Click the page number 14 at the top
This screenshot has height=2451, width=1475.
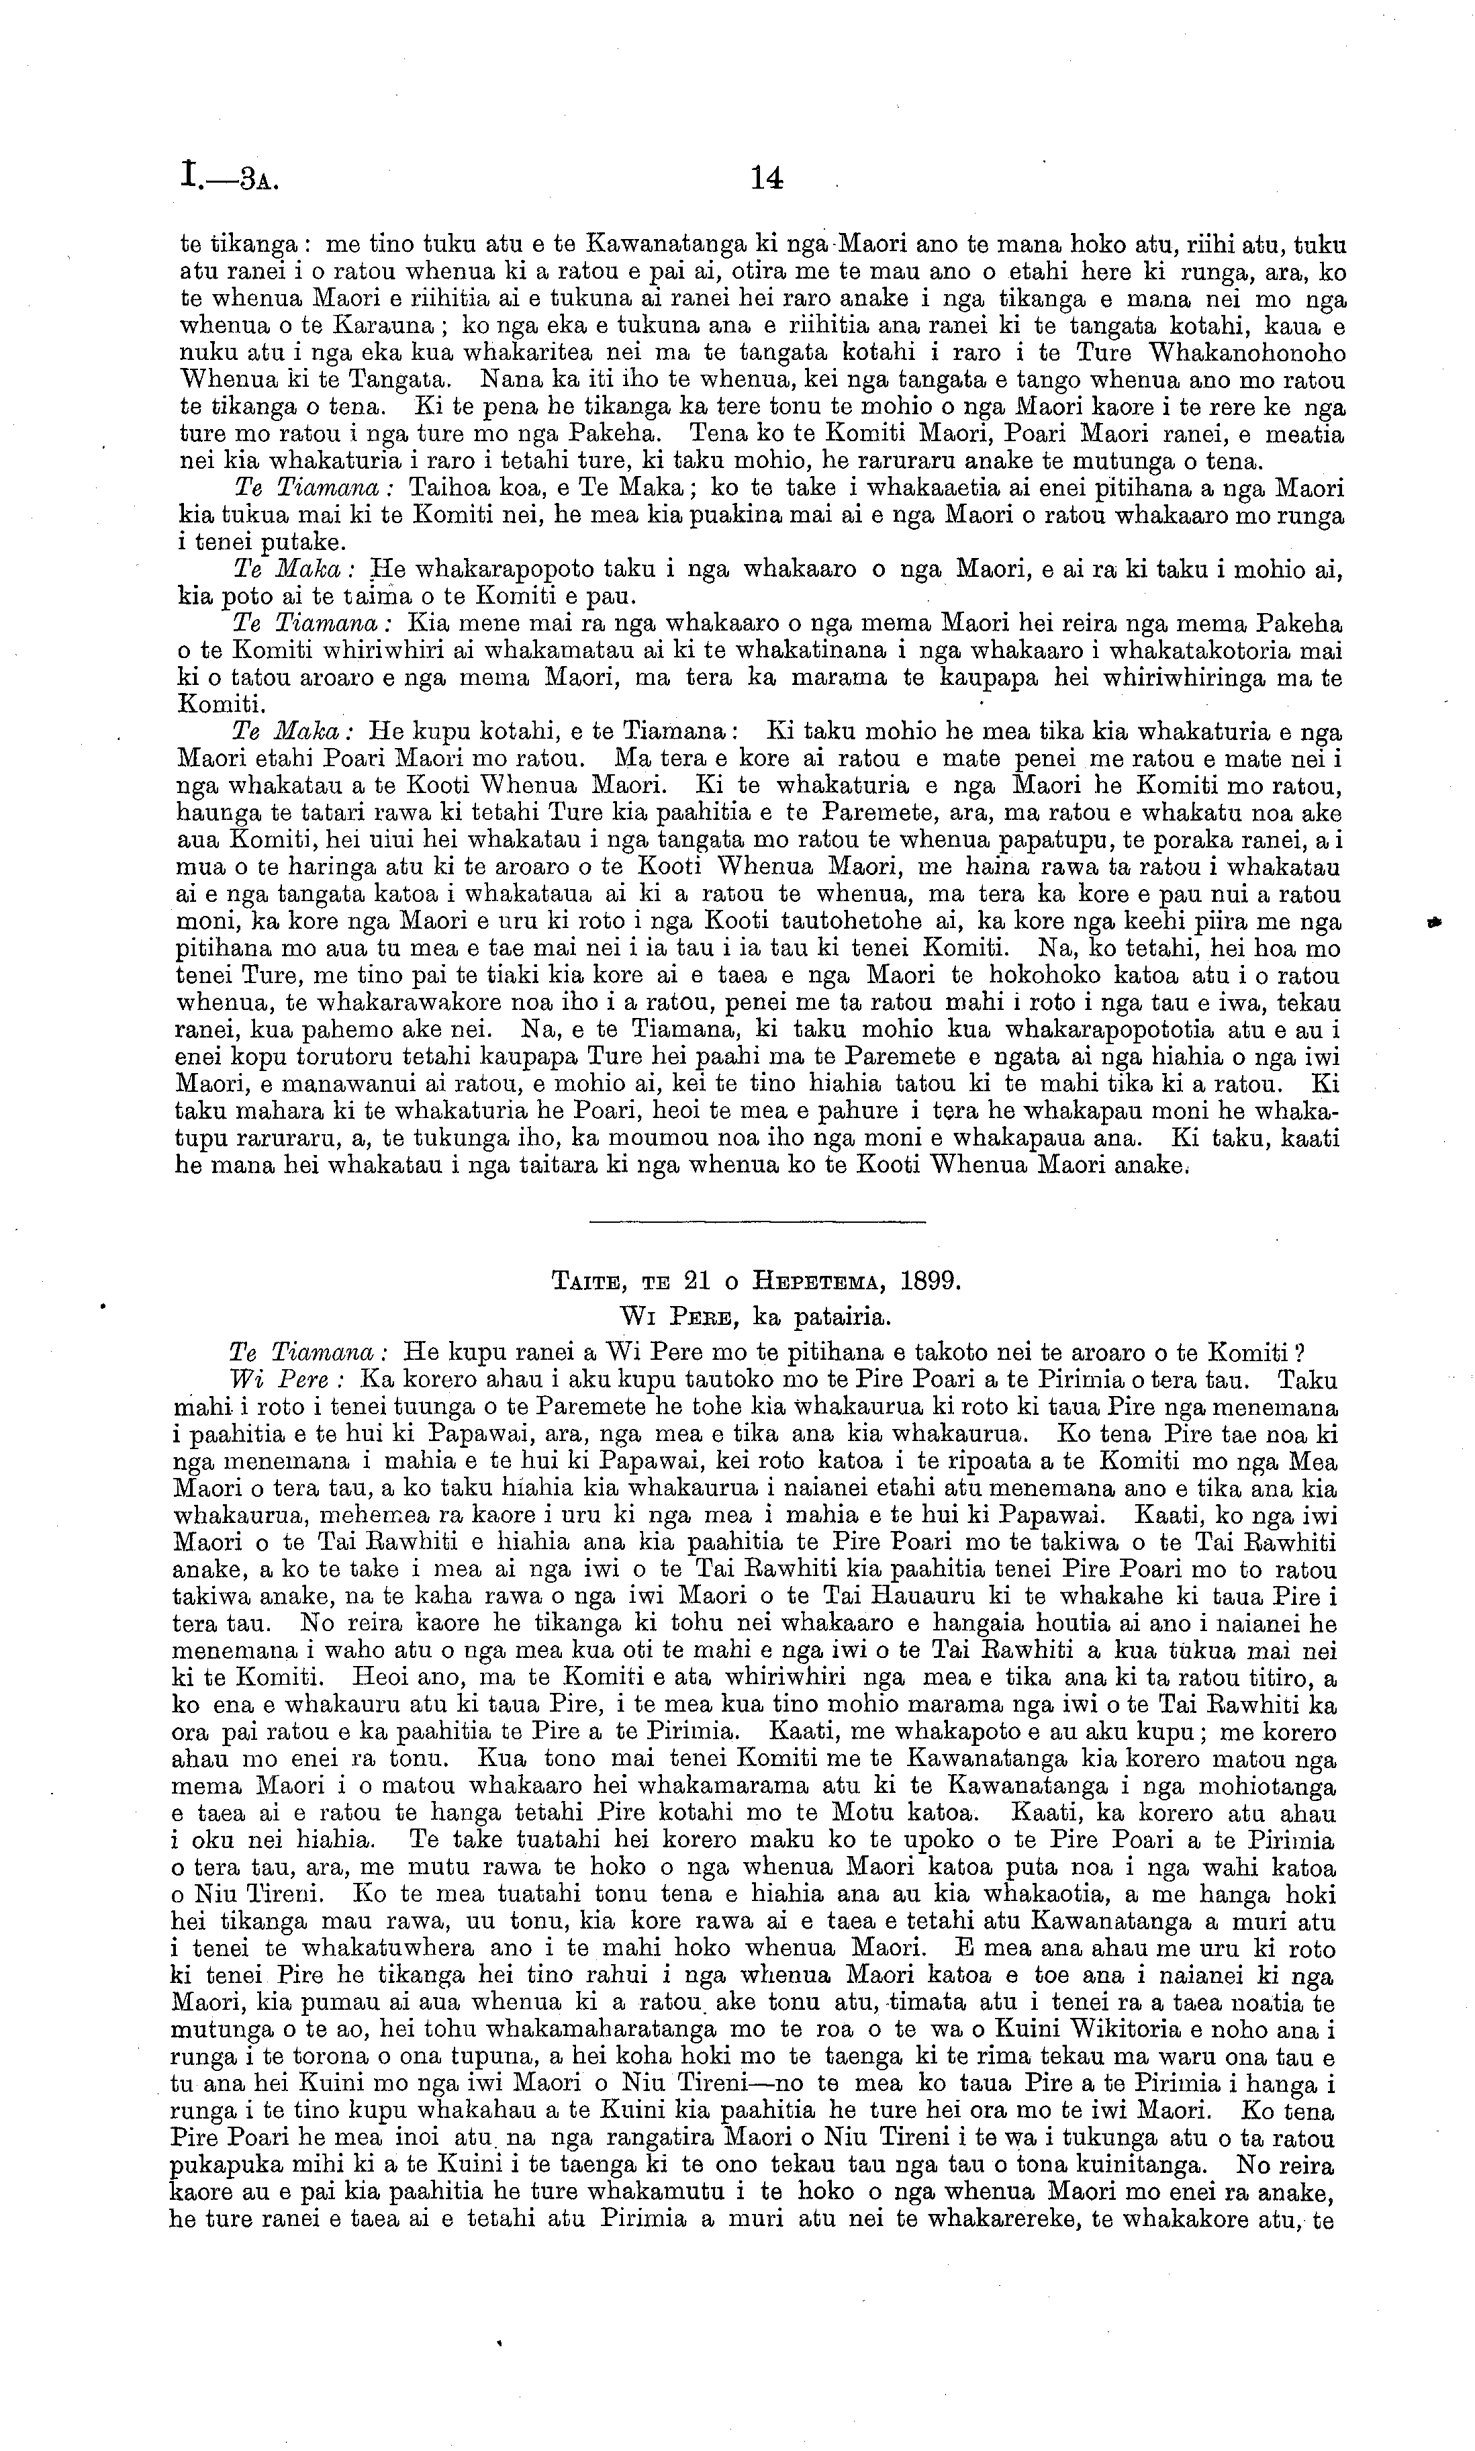tap(767, 178)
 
